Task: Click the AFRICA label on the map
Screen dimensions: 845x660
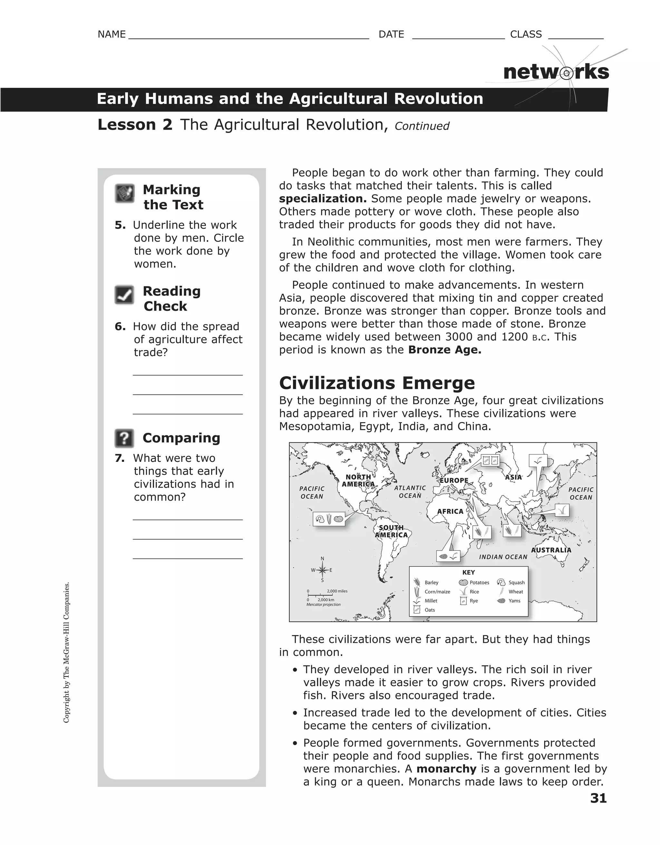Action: point(450,511)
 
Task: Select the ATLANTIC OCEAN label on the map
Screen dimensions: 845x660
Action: point(410,492)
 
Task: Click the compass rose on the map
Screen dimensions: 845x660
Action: point(322,570)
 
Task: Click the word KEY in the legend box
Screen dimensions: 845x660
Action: point(468,572)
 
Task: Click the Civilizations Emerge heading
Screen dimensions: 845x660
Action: point(377,383)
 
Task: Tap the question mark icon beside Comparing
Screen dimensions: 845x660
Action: point(124,438)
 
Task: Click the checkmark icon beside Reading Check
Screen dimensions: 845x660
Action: point(124,295)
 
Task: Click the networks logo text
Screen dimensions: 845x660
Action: point(556,72)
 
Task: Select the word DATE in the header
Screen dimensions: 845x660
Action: point(391,35)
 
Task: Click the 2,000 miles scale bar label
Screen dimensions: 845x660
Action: point(337,591)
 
